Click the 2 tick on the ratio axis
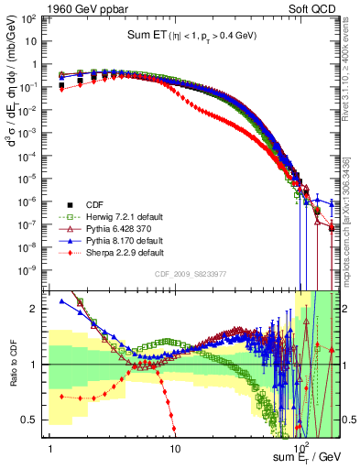tap(39, 309)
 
